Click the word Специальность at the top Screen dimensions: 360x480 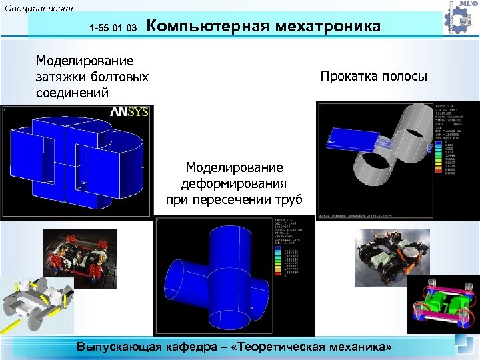[39, 8]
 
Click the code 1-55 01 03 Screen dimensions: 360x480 [113, 29]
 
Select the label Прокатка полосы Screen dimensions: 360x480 [373, 76]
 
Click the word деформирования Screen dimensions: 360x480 [234, 183]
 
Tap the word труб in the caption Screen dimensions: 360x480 [287, 199]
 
